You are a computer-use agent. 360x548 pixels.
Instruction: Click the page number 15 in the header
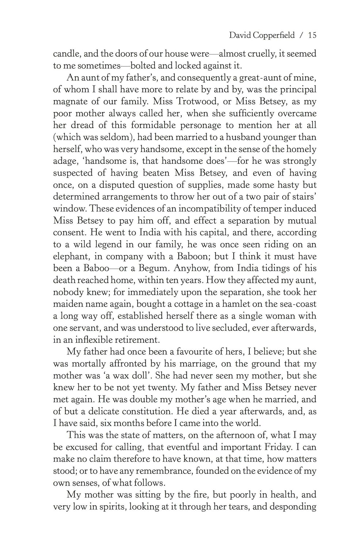pyautogui.click(x=312, y=35)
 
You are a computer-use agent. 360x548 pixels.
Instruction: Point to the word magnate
pyautogui.click(x=71, y=101)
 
